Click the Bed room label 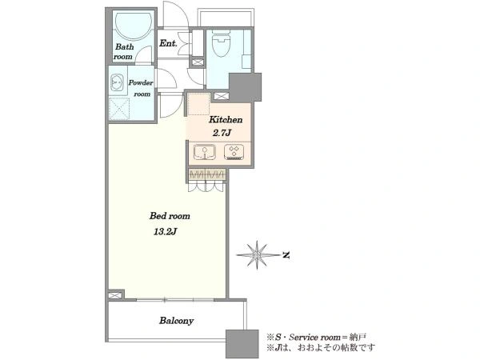click(x=170, y=216)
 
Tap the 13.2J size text click(x=165, y=232)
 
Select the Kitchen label click(x=226, y=120)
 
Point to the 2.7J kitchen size click(x=222, y=133)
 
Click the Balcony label click(x=176, y=321)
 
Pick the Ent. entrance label click(x=168, y=43)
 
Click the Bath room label click(x=124, y=52)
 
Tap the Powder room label click(x=141, y=88)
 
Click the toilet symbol click(x=222, y=44)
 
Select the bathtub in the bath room click(x=134, y=26)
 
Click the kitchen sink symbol click(x=205, y=152)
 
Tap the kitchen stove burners click(x=234, y=152)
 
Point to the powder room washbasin click(x=117, y=82)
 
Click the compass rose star click(x=257, y=254)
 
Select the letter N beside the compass click(x=286, y=254)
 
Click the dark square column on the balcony click(x=242, y=344)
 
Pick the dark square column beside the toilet click(x=246, y=87)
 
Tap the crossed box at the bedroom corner click(x=114, y=296)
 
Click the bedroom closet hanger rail click(x=207, y=174)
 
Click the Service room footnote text click(x=316, y=338)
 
